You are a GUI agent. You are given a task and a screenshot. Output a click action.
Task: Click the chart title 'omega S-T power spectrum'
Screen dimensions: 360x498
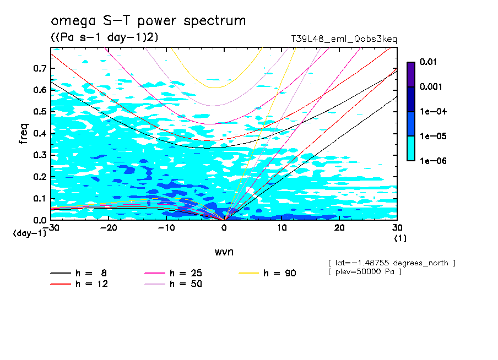coord(148,21)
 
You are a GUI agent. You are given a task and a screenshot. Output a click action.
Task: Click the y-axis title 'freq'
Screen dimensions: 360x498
coord(24,134)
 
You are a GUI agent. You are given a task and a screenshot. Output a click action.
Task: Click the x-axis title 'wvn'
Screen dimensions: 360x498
coord(224,252)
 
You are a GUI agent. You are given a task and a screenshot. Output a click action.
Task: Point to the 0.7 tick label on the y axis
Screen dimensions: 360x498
coord(40,68)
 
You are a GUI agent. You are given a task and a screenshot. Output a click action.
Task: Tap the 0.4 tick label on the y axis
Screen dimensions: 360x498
coord(40,134)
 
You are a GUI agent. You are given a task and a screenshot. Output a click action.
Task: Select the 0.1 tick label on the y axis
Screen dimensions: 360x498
coord(40,199)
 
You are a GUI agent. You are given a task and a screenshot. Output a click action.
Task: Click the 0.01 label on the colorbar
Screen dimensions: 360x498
coord(428,62)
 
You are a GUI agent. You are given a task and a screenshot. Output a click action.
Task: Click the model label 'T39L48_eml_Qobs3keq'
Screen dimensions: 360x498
coord(344,39)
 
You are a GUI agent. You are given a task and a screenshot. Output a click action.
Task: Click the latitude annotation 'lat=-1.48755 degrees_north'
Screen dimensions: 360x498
coord(391,263)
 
